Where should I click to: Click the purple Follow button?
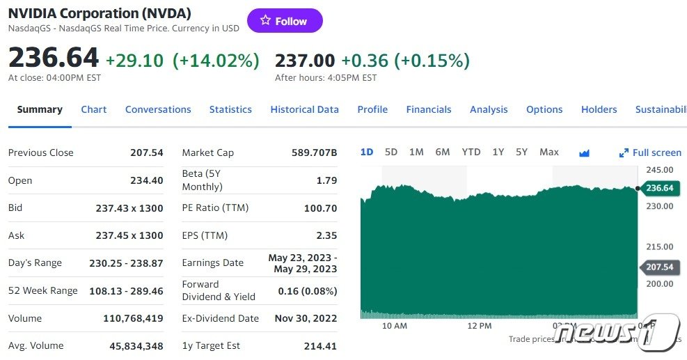click(285, 21)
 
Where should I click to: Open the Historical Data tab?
click(304, 109)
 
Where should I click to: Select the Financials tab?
click(429, 109)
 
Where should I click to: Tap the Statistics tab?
click(230, 109)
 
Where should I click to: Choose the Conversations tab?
click(158, 109)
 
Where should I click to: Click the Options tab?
click(544, 109)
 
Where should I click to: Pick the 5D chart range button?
click(391, 152)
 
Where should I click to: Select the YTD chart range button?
click(471, 152)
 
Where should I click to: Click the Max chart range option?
click(549, 152)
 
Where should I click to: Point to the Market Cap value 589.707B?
click(314, 152)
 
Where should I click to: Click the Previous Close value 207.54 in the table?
click(147, 152)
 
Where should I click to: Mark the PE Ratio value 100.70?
click(320, 208)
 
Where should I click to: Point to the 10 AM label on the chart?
click(395, 326)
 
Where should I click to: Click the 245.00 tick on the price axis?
click(659, 169)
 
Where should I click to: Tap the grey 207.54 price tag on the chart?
click(658, 267)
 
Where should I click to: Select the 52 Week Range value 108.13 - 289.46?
click(126, 290)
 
